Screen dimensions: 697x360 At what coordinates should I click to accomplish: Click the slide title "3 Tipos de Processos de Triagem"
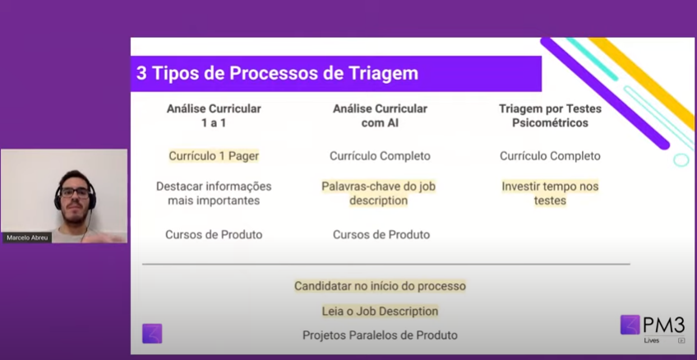tap(277, 73)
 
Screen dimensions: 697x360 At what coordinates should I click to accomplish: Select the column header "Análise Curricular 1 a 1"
tap(214, 116)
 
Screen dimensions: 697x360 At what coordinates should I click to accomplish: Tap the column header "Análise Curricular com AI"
tap(380, 116)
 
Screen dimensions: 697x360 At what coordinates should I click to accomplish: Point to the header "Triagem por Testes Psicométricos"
tap(550, 116)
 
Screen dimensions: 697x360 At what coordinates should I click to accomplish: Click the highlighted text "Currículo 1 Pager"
tap(214, 156)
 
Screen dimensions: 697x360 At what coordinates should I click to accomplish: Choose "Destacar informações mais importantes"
tap(214, 193)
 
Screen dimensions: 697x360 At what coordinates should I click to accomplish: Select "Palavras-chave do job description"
tap(379, 193)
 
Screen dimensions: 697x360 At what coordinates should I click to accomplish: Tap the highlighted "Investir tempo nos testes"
tap(550, 193)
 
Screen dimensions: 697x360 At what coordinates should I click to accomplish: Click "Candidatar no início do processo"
tap(380, 286)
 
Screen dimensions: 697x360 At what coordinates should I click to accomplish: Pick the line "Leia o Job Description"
tap(380, 312)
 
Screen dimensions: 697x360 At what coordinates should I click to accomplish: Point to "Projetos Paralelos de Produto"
tap(380, 335)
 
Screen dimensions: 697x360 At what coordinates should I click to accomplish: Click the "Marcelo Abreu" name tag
tap(27, 238)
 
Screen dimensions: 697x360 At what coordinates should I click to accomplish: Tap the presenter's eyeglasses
tap(75, 192)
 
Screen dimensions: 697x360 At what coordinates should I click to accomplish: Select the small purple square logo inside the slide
tap(152, 334)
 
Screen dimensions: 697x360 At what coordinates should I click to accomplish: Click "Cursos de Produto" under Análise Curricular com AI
tap(381, 234)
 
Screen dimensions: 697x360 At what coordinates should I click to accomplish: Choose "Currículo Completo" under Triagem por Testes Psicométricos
tap(550, 156)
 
